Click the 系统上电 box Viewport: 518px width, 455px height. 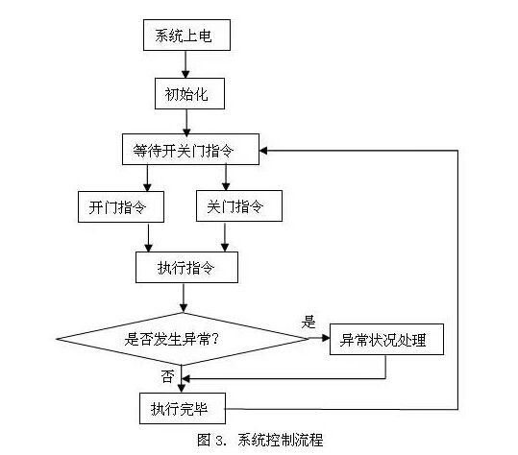coord(186,35)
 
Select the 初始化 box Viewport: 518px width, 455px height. coord(189,94)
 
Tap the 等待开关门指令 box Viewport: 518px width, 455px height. coord(190,149)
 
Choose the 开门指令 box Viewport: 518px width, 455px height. coord(121,206)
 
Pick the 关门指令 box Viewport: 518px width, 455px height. coord(239,205)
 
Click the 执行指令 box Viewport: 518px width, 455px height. coord(186,267)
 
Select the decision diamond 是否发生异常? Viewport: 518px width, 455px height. coord(183,339)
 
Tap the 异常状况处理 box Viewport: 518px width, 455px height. coord(386,339)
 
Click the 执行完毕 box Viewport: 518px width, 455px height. coord(183,408)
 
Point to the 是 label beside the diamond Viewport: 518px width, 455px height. coord(308,322)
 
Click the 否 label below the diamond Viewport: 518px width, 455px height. coord(167,376)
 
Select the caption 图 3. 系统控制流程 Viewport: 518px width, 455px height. coord(260,440)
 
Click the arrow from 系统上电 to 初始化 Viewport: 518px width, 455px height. coord(185,64)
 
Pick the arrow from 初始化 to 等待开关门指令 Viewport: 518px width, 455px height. coord(186,122)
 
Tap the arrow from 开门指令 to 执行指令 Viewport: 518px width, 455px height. coord(149,237)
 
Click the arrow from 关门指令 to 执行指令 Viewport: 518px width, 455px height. coord(225,236)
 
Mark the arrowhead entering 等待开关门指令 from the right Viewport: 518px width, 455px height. coord(263,151)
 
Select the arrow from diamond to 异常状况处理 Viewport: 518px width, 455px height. coord(319,338)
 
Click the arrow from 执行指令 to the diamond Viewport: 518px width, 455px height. coord(184,298)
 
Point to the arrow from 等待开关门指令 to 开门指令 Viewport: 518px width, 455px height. coord(147,179)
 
